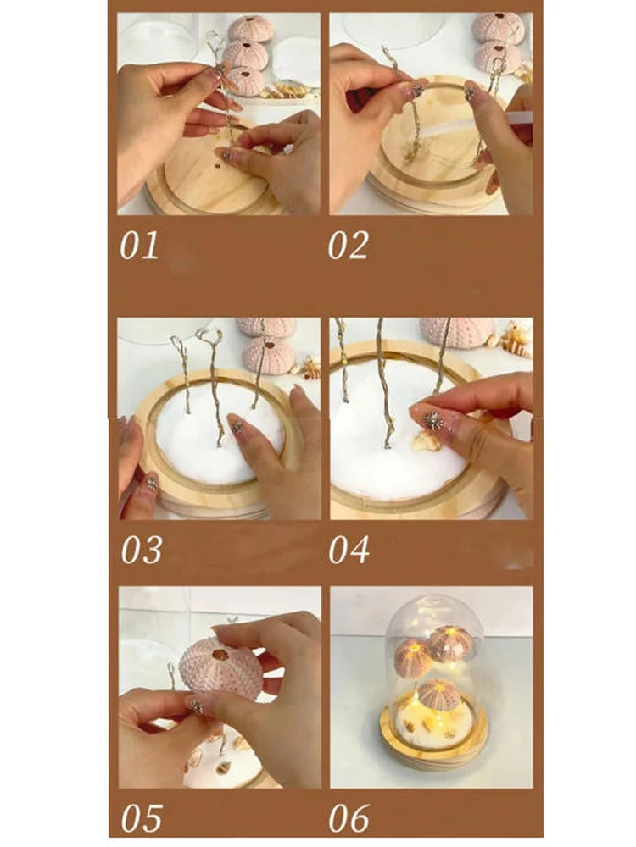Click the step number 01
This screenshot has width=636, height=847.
click(139, 246)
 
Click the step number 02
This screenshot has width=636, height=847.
click(349, 246)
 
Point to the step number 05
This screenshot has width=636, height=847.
click(141, 818)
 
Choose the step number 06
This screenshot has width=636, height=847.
click(350, 818)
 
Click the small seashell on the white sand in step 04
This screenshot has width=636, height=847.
click(427, 440)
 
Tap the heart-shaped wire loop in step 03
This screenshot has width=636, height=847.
click(209, 338)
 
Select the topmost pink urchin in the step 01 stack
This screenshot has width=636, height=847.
click(252, 28)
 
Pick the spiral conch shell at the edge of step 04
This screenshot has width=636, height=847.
click(516, 338)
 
